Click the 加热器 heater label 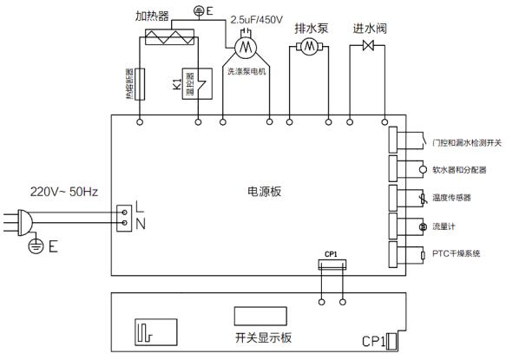pyautogui.click(x=152, y=16)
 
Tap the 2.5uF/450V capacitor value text pyautogui.click(x=257, y=20)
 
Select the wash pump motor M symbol pyautogui.click(x=246, y=48)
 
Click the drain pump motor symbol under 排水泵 pyautogui.click(x=309, y=47)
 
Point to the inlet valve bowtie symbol pyautogui.click(x=368, y=45)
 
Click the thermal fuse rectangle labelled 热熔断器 pyautogui.click(x=140, y=84)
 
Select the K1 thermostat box pyautogui.click(x=197, y=84)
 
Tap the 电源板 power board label pyautogui.click(x=265, y=192)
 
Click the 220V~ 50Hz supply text pyautogui.click(x=64, y=192)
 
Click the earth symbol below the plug pyautogui.click(x=36, y=246)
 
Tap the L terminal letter pyautogui.click(x=140, y=206)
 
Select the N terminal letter pyautogui.click(x=141, y=224)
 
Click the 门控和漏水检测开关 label pyautogui.click(x=467, y=142)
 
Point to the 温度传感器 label pyautogui.click(x=451, y=198)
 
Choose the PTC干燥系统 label pyautogui.click(x=456, y=253)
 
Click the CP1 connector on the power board pyautogui.click(x=332, y=265)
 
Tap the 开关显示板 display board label pyautogui.click(x=263, y=337)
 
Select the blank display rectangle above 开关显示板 pyautogui.click(x=260, y=316)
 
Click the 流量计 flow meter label pyautogui.click(x=444, y=226)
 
